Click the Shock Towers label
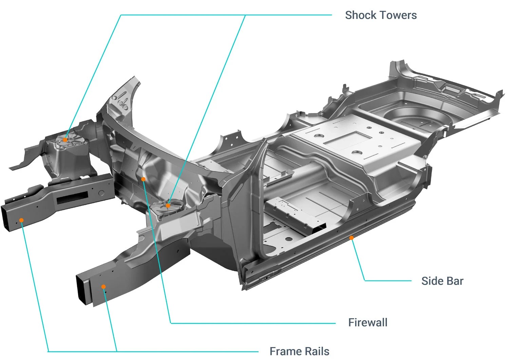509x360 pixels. click(x=381, y=15)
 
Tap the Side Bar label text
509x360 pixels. click(x=442, y=281)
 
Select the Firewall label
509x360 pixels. click(x=367, y=322)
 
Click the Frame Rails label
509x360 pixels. click(x=299, y=351)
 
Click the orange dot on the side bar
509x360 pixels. click(x=352, y=238)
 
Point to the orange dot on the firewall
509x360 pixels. click(x=143, y=179)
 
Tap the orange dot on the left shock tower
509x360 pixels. click(x=65, y=139)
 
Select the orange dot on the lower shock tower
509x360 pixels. click(x=168, y=205)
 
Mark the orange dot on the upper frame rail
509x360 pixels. click(x=21, y=220)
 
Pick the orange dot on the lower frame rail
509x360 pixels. click(x=104, y=287)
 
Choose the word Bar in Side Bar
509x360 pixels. click(x=455, y=281)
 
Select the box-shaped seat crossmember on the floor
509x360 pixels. click(x=295, y=214)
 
